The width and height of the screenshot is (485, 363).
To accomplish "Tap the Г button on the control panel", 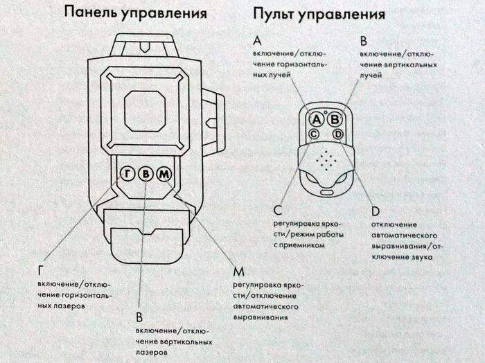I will [127, 174].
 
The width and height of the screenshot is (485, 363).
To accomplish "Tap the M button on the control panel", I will [162, 174].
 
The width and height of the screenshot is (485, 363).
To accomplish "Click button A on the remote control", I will [315, 119].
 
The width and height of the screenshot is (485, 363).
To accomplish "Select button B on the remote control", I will [335, 119].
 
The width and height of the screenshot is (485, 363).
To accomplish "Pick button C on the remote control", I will [314, 134].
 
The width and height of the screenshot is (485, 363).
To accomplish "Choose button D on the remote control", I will [337, 134].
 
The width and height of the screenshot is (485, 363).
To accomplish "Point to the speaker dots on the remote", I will [326, 159].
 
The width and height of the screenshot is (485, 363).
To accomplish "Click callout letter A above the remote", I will [258, 42].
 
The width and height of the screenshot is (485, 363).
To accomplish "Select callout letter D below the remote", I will [375, 211].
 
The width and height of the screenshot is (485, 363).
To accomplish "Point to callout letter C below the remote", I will [277, 211].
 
